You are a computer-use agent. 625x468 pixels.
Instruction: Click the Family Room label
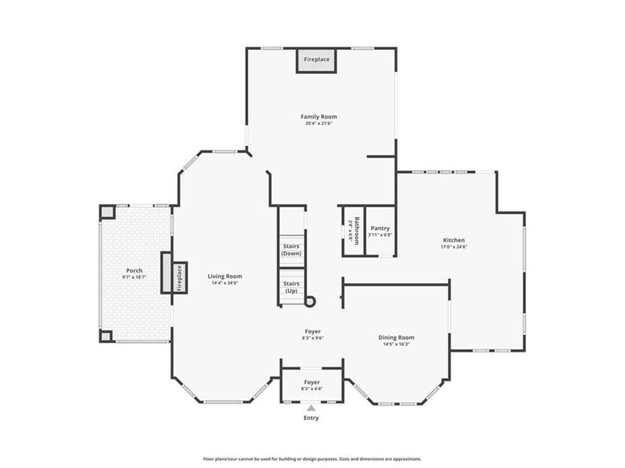point(319,117)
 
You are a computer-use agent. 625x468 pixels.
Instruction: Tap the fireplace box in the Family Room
point(317,60)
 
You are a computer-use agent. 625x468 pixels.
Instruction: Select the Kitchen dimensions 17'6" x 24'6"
point(454,247)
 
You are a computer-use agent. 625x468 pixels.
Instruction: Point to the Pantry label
point(380,228)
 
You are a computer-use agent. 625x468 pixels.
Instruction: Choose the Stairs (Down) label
point(291,250)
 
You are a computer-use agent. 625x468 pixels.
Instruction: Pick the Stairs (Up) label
point(291,287)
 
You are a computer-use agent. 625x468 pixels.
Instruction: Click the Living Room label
point(224,276)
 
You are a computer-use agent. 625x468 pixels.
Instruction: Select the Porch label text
point(134,270)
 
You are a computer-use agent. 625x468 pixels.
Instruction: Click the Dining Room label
point(396,338)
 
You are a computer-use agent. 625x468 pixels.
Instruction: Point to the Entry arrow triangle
point(311,409)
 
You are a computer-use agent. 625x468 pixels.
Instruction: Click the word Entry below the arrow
point(311,418)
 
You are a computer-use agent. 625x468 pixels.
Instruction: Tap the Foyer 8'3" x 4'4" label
point(312,385)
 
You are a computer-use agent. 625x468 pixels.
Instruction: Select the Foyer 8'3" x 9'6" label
point(312,334)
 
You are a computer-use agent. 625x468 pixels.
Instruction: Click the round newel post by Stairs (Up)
point(310,302)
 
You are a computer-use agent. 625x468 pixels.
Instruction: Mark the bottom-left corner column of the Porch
point(106,336)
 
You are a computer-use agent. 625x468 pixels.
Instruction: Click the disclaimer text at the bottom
point(312,459)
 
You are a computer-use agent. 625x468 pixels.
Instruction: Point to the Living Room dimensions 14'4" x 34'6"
point(224,283)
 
